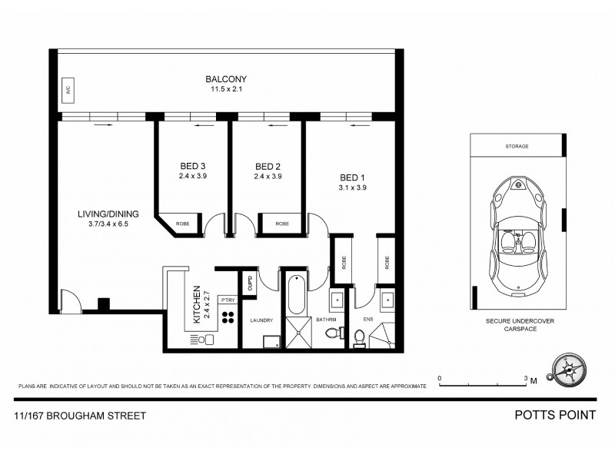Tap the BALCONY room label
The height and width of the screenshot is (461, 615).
[225, 78]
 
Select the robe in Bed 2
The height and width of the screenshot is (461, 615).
[282, 223]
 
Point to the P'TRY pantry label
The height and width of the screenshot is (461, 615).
[228, 300]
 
